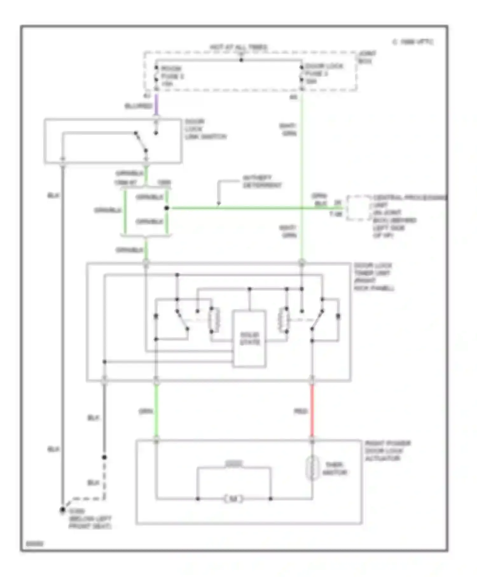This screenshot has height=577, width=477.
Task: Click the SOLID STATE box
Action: pos(249,339)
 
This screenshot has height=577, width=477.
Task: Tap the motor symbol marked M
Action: pos(233,499)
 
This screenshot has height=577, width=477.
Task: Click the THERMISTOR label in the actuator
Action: pos(335,469)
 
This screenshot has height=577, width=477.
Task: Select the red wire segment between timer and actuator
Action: pos(312,410)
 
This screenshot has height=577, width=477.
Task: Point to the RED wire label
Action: pos(300,412)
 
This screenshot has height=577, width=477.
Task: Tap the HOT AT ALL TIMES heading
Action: pos(238,47)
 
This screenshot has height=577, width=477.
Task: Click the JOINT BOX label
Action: pos(367,57)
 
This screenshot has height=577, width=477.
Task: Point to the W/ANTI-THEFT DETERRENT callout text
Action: pos(262,182)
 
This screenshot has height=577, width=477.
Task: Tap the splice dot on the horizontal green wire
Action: pos(167,208)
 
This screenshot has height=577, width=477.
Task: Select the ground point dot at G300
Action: pos(63,510)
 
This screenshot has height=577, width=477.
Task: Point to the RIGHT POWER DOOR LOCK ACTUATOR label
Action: pos(387,451)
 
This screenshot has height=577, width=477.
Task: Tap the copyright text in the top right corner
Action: pos(413,42)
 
